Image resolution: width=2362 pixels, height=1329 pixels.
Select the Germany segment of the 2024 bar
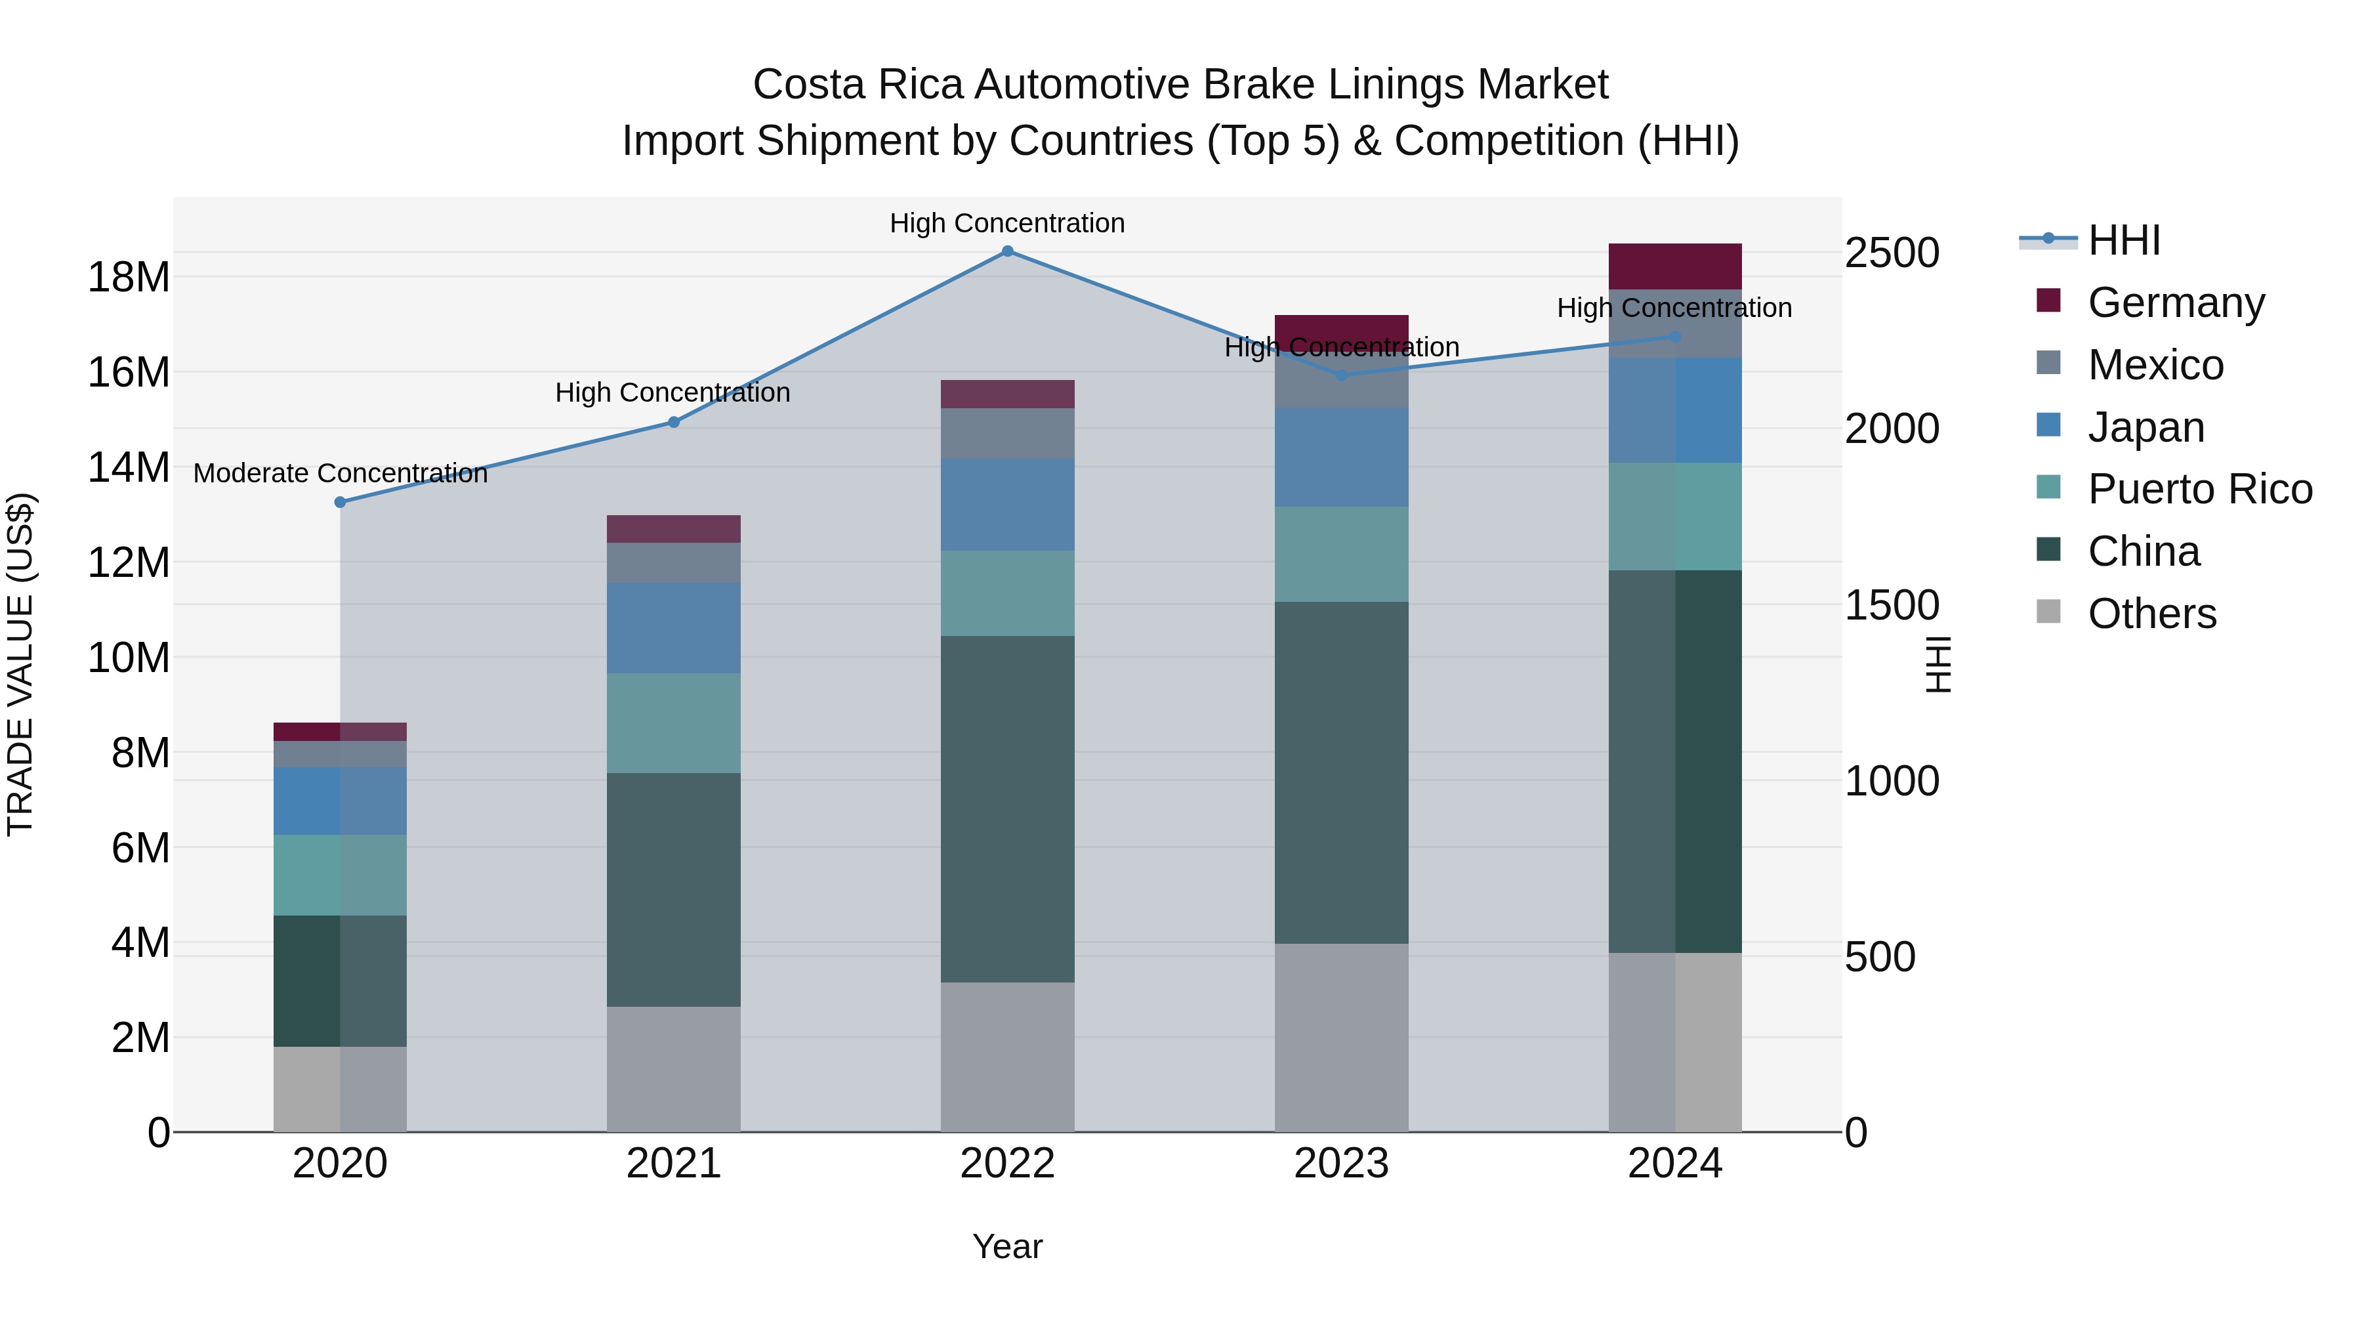coord(1674,266)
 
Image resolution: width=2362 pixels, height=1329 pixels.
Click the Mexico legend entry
coord(2155,365)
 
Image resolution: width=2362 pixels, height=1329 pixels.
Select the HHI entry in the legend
coord(2124,240)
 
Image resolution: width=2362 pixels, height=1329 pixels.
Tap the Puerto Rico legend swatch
coord(2048,487)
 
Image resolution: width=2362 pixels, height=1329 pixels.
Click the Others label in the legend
coord(2151,614)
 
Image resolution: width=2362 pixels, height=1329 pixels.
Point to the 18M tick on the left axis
coord(129,277)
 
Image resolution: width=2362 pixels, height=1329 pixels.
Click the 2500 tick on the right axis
coord(1892,253)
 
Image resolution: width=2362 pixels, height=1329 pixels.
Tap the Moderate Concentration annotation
coord(340,473)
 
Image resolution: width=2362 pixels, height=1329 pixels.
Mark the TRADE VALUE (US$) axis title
coord(20,664)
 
